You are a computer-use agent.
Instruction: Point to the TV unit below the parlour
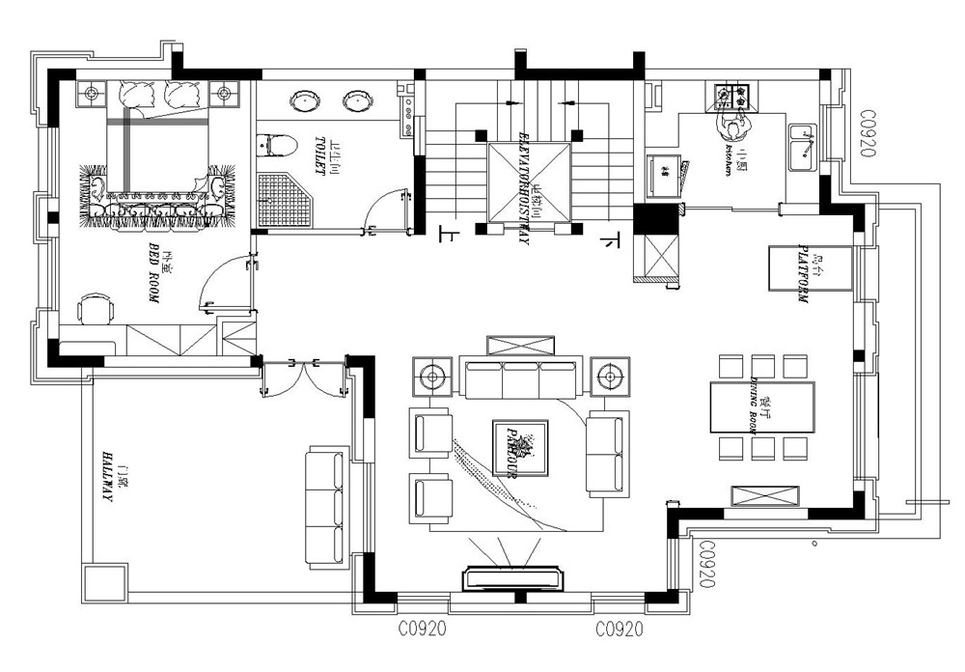tap(515, 577)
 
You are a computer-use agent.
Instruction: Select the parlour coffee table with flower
tap(520, 448)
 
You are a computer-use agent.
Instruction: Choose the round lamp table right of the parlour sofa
tap(609, 377)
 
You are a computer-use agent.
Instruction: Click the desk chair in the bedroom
tap(95, 309)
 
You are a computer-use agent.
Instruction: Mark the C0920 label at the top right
tap(866, 134)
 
